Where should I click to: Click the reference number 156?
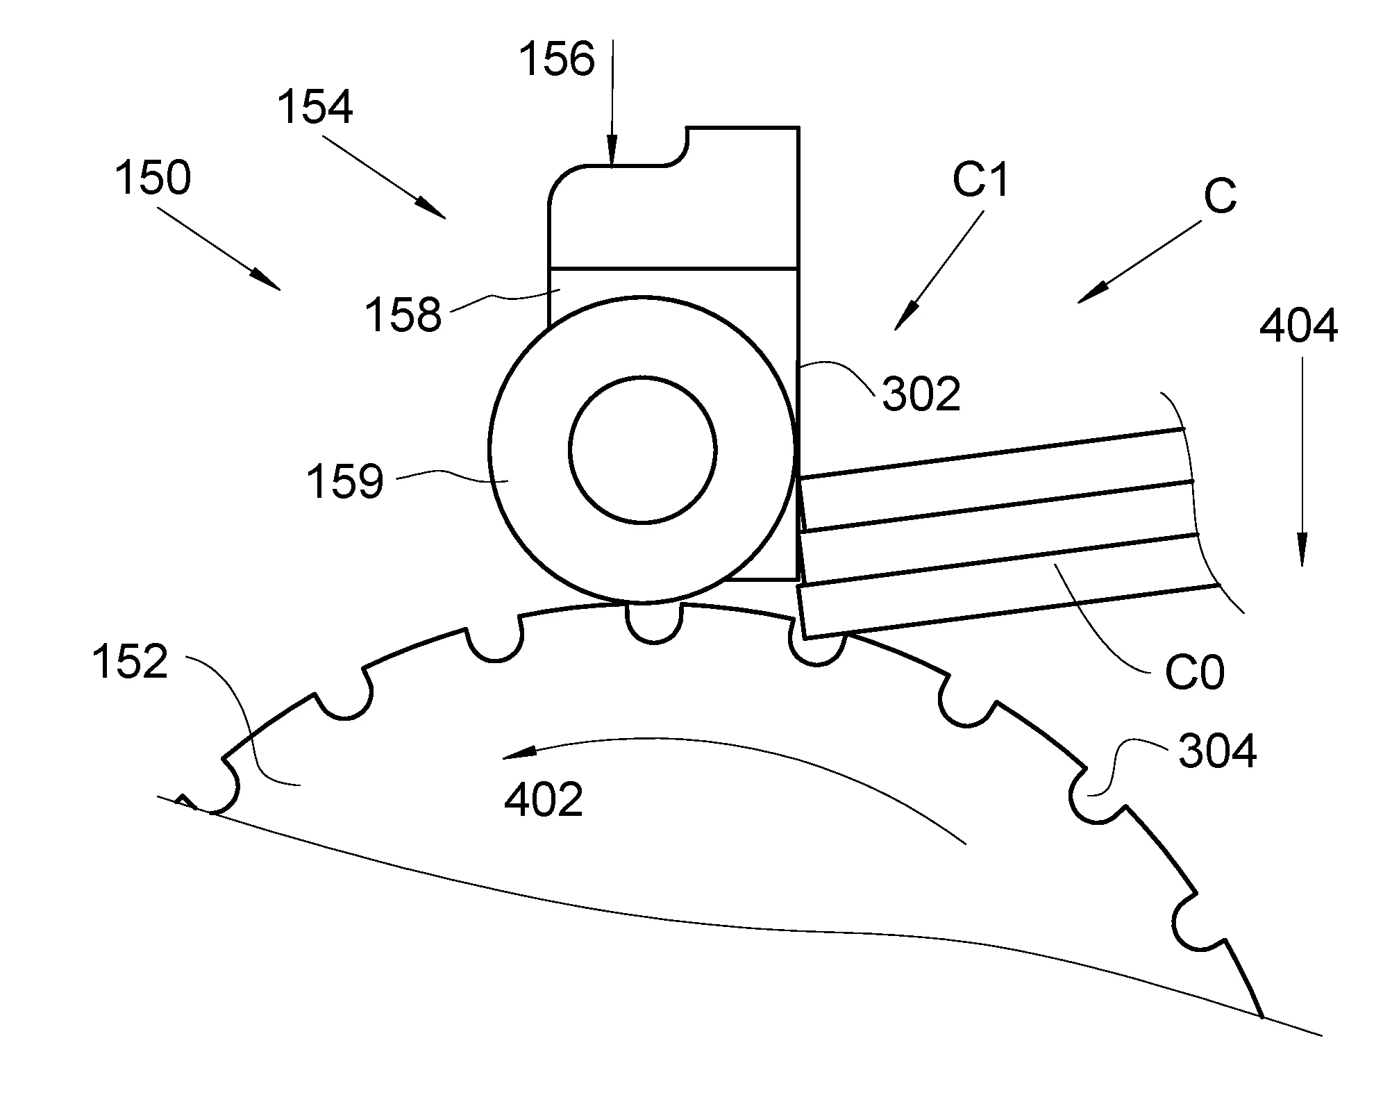[x=557, y=59]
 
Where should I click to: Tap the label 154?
[x=315, y=108]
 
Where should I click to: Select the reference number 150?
[x=153, y=178]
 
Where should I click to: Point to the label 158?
[x=403, y=315]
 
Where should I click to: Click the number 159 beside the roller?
[x=345, y=482]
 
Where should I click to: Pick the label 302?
[x=921, y=394]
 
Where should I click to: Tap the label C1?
[x=980, y=180]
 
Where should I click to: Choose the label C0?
[x=1194, y=671]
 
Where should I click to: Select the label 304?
[x=1218, y=751]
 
